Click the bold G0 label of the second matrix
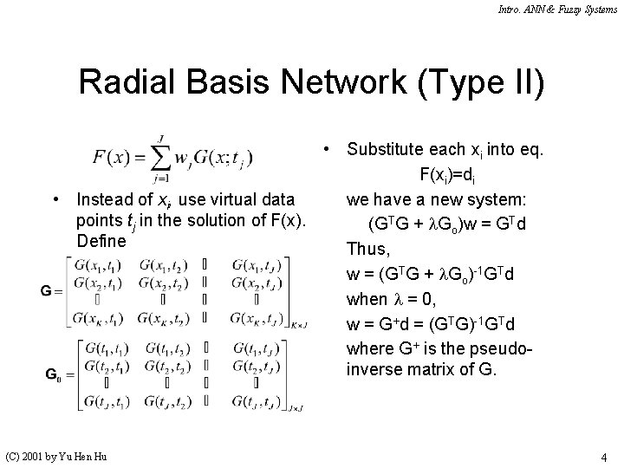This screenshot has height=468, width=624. (53, 374)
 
